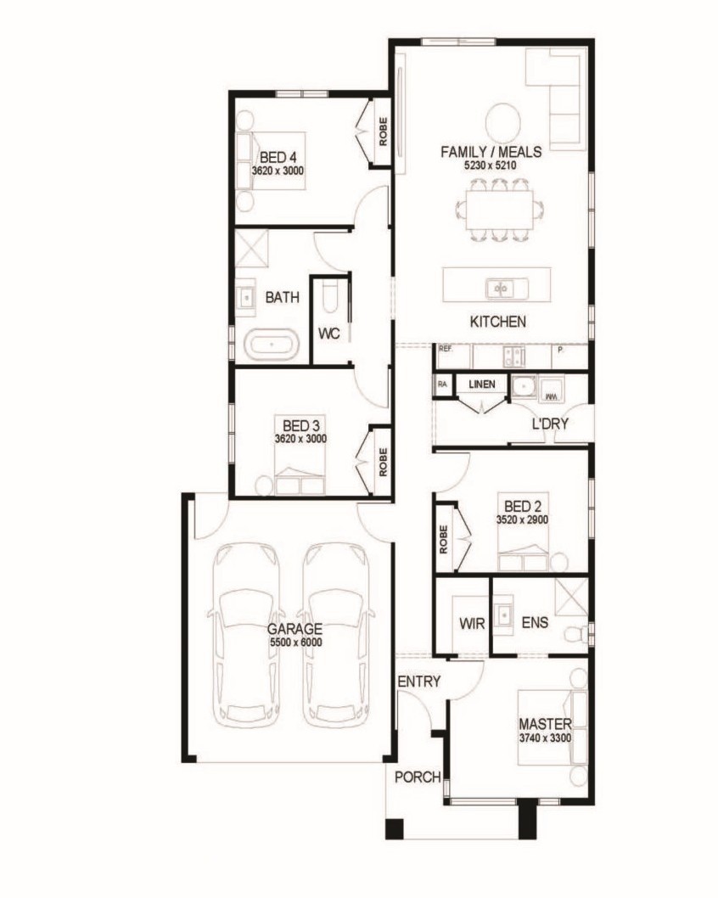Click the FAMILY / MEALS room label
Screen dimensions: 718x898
pos(491,152)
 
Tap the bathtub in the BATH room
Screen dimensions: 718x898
pos(272,345)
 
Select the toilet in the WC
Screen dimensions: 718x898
pos(331,297)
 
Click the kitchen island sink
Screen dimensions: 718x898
pos(500,288)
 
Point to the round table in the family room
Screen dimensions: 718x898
pos(503,121)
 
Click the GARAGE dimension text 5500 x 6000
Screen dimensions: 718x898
pos(295,642)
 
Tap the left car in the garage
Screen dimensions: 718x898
pos(247,635)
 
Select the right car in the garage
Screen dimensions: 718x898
pos(336,635)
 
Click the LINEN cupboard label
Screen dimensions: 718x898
pos(481,384)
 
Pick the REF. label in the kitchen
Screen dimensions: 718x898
pos(446,348)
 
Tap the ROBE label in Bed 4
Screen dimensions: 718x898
pos(383,132)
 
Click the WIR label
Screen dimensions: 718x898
pos(472,623)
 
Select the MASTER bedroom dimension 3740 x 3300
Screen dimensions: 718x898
pos(545,738)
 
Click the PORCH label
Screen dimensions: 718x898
pos(418,777)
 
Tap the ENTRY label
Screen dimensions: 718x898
pos(419,682)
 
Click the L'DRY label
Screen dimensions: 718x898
pos(550,424)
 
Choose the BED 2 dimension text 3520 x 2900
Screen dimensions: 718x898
pos(522,520)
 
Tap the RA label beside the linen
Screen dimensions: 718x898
pos(442,384)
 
